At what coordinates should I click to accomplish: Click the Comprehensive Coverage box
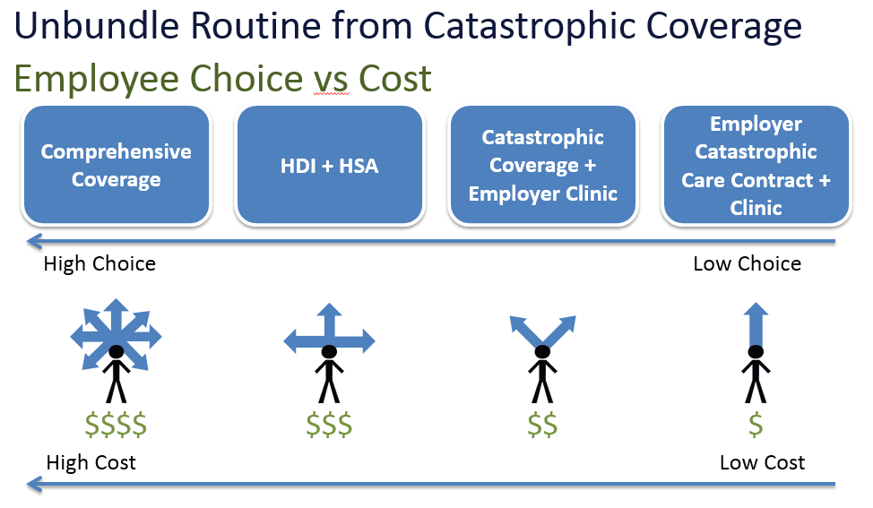(x=116, y=165)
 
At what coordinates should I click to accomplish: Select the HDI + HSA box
(x=330, y=165)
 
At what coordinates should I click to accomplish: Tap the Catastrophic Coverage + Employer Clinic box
(x=543, y=165)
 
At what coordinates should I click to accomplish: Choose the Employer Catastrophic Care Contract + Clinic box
(x=756, y=165)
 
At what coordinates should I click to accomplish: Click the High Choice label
(x=99, y=263)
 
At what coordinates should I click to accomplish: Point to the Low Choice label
(x=748, y=263)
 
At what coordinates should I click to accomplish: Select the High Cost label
(x=91, y=462)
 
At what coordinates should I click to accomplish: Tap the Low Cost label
(x=762, y=462)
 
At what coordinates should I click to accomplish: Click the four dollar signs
(x=116, y=425)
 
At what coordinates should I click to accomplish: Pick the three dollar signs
(x=329, y=425)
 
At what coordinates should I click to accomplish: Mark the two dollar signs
(x=542, y=425)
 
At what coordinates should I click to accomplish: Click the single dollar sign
(x=756, y=425)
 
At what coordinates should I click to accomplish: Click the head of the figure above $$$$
(x=117, y=351)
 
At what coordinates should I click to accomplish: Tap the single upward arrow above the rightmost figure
(x=756, y=324)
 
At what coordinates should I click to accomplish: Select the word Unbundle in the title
(x=96, y=26)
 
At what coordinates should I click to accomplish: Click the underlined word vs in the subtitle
(x=332, y=79)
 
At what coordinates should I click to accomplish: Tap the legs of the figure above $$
(x=542, y=391)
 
